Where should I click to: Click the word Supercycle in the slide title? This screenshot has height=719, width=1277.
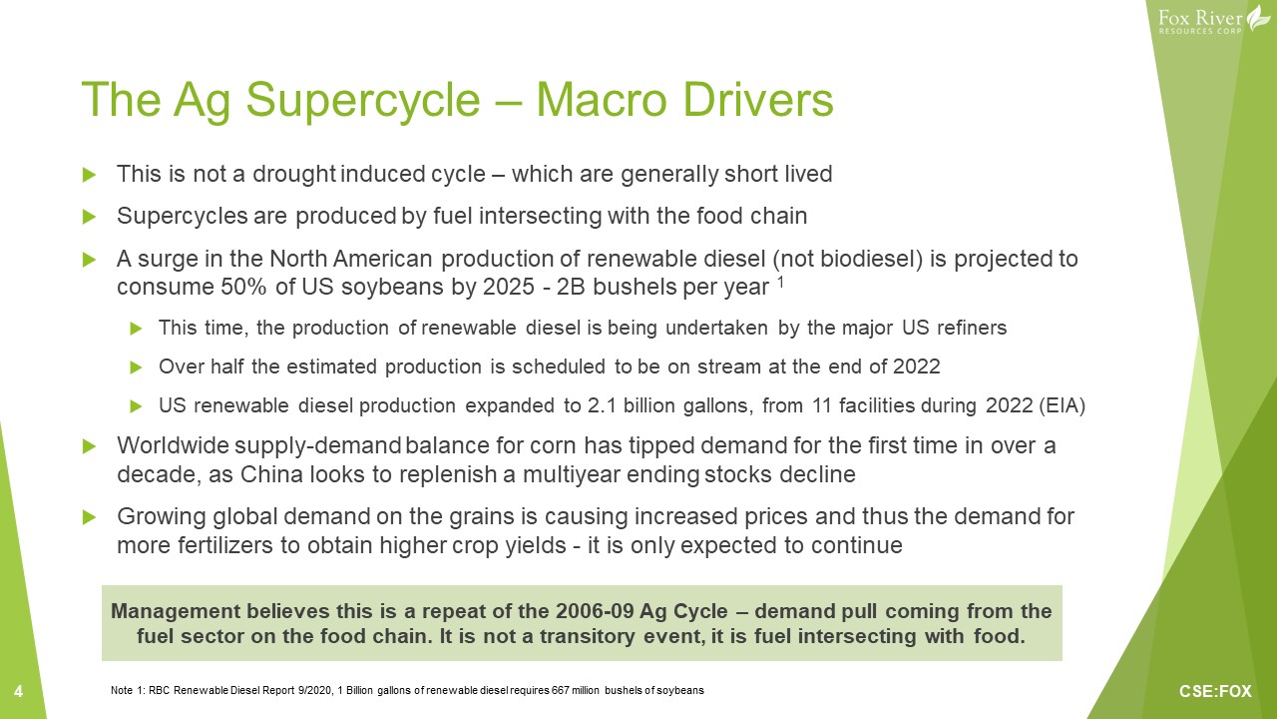(x=363, y=101)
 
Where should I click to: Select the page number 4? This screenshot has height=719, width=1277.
(x=18, y=692)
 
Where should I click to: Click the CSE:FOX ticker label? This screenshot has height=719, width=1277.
(x=1215, y=692)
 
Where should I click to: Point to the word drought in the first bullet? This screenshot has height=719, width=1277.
(x=293, y=174)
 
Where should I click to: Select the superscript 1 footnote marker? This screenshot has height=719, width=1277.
(x=780, y=282)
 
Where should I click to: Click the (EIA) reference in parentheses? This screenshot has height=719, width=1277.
(x=1063, y=405)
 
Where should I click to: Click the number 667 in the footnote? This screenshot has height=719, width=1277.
(x=560, y=690)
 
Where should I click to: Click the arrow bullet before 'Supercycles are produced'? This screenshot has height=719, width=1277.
(x=89, y=217)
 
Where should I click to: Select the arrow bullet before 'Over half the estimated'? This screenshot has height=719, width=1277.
(x=136, y=366)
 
